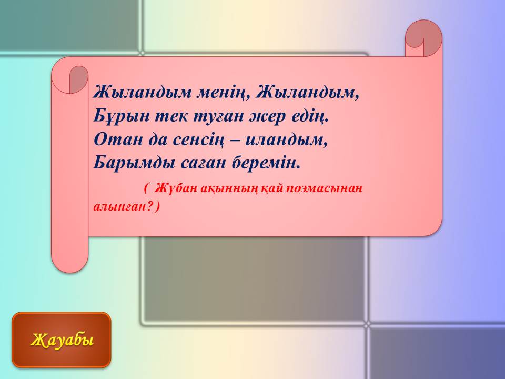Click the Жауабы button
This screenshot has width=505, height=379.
tap(62, 340)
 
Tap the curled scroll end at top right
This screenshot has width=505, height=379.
tap(423, 38)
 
